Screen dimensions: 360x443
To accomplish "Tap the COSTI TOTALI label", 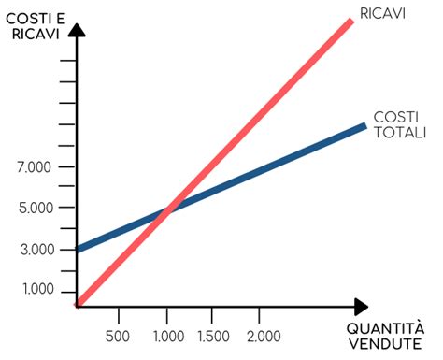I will (x=399, y=125).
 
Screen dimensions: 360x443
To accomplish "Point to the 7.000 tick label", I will (x=34, y=167).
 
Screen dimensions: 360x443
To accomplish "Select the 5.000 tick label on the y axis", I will (x=34, y=208).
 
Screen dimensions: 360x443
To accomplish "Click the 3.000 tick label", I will (x=34, y=250).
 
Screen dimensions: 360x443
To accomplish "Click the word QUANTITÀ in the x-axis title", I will (x=385, y=329).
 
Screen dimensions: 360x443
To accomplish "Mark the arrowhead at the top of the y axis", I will (x=79, y=29).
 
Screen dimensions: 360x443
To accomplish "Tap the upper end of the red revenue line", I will (x=351, y=19).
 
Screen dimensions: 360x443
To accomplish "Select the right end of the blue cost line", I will (x=364, y=125).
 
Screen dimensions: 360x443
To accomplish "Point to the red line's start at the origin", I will (x=80, y=302).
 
